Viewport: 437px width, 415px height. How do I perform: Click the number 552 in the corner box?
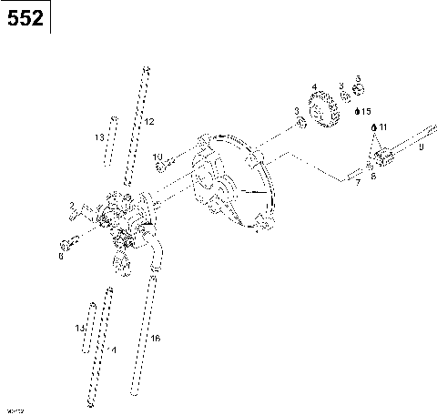[x=25, y=17]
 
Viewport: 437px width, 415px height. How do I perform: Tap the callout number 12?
[x=150, y=121]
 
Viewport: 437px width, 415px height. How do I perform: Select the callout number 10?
[x=158, y=157]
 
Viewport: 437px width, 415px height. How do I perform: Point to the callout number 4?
[x=313, y=87]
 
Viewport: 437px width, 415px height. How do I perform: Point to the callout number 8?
[x=372, y=176]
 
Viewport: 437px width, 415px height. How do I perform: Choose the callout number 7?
[x=358, y=183]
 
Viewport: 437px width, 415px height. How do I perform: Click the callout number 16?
[x=155, y=339]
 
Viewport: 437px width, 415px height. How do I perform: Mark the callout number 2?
[x=72, y=206]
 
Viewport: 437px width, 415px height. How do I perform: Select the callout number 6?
[x=61, y=256]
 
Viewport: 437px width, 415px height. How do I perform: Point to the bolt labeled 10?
[x=162, y=167]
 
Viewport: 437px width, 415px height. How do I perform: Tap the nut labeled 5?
[x=358, y=90]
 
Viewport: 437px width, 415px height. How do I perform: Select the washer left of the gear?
[x=300, y=123]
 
